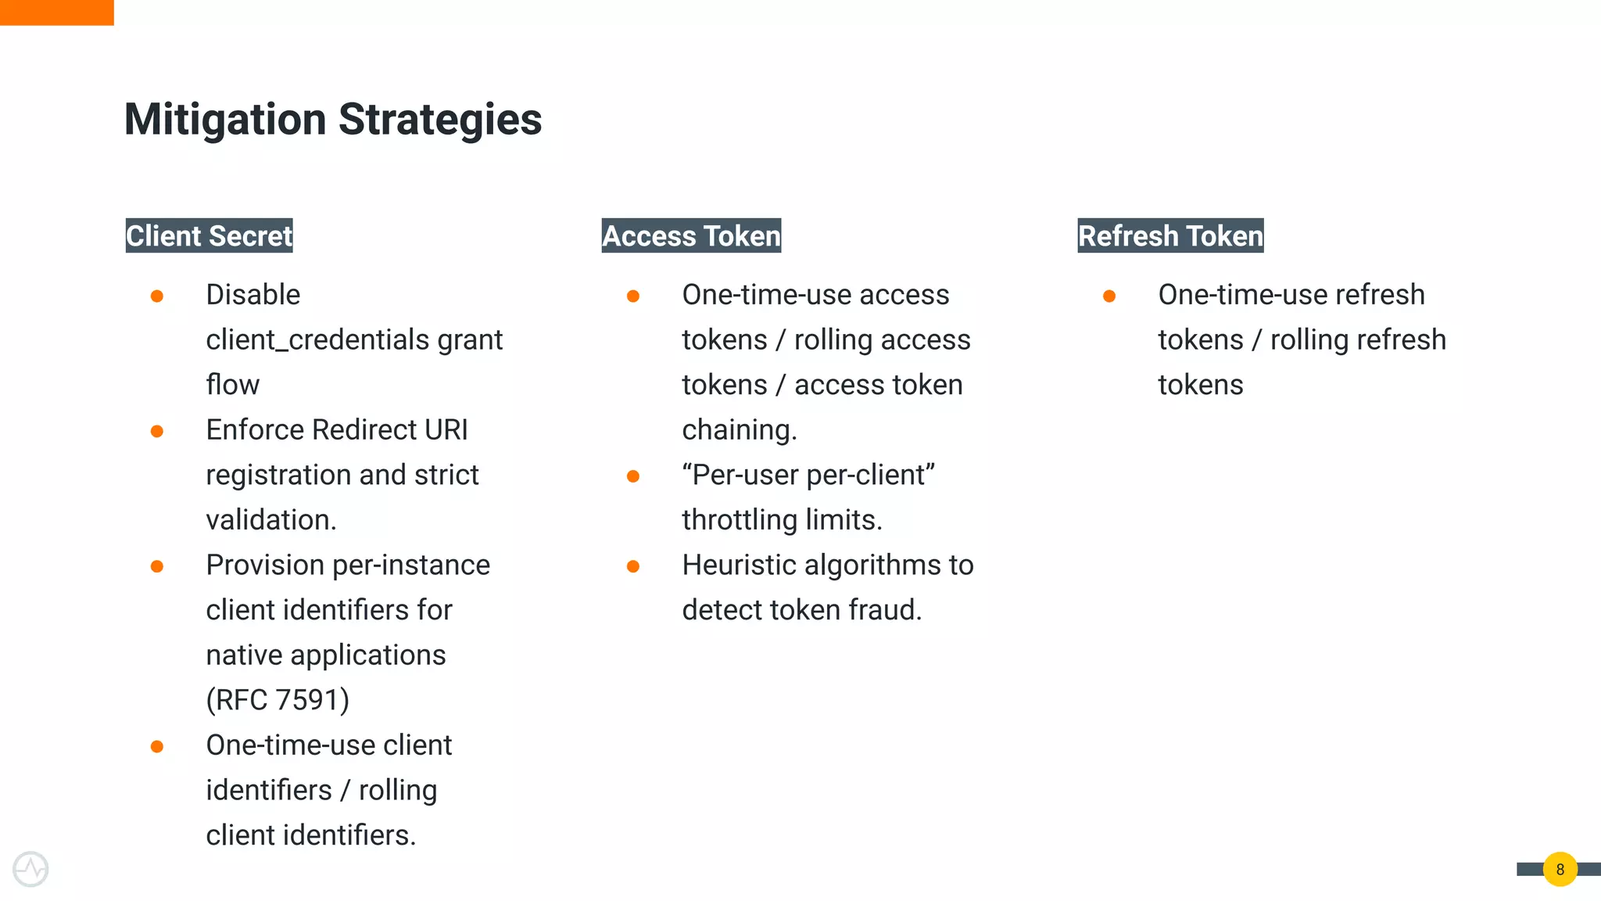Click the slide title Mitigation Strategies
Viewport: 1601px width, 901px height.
coord(332,120)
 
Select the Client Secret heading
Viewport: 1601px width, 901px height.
coord(209,235)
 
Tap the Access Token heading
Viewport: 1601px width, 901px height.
coord(691,235)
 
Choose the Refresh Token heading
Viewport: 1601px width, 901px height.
coord(1170,235)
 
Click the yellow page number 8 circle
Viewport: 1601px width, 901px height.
coord(1560,869)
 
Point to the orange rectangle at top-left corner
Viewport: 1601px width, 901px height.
coord(56,12)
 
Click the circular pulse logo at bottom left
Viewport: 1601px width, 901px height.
coord(30,869)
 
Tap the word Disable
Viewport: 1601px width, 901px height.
coord(253,295)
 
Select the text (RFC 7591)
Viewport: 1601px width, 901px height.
coord(278,700)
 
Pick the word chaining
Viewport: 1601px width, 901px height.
coord(739,430)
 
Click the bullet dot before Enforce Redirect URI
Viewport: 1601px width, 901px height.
coord(157,431)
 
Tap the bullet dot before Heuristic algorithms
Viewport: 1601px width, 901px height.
coord(633,566)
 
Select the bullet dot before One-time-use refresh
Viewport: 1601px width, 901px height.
coord(1109,296)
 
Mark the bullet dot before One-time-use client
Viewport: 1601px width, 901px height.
coord(157,746)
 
